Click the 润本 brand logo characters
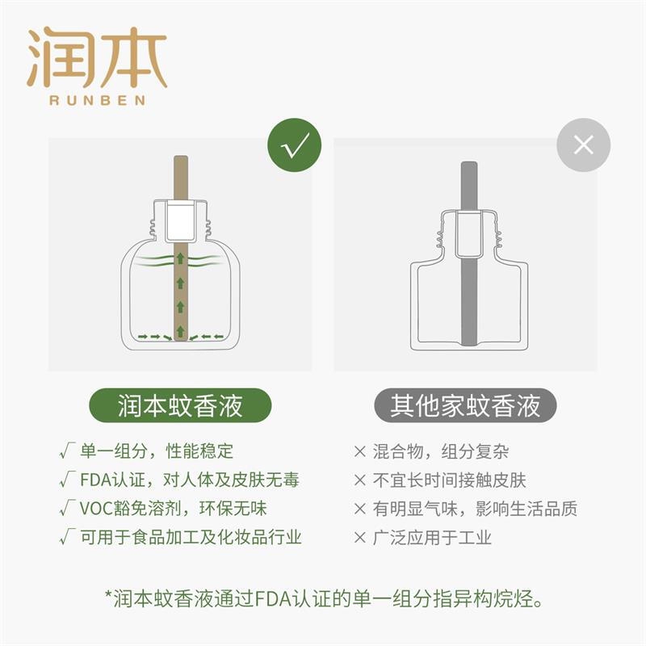click(97, 57)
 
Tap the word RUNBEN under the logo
click(97, 100)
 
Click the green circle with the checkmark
click(294, 145)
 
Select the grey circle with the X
click(583, 145)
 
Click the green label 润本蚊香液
click(180, 405)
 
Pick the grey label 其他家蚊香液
click(465, 405)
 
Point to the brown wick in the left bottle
click(181, 248)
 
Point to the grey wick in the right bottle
click(469, 253)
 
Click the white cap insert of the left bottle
click(181, 220)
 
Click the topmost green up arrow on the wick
click(180, 258)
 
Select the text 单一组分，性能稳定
click(157, 451)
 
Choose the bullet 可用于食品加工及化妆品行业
click(191, 537)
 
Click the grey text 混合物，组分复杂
click(441, 451)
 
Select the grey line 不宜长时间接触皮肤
click(450, 480)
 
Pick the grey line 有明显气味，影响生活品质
click(475, 509)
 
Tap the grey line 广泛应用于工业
click(432, 538)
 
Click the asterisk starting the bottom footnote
click(109, 594)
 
